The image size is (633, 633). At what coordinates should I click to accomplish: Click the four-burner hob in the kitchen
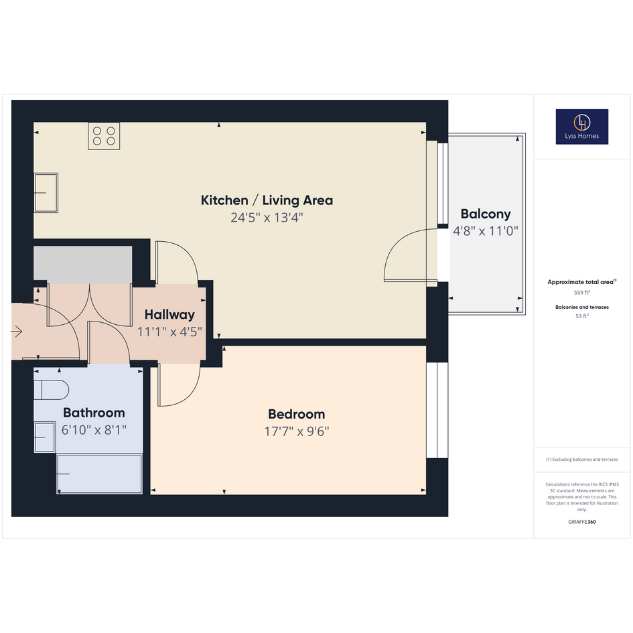(x=104, y=136)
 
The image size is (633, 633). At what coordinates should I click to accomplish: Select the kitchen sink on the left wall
(x=46, y=192)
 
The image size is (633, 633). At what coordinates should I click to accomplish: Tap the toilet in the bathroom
(x=52, y=390)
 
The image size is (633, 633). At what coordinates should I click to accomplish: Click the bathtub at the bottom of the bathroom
(x=99, y=474)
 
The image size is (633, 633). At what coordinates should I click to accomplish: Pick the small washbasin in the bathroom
(x=45, y=437)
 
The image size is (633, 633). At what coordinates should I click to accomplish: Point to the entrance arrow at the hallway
(x=17, y=332)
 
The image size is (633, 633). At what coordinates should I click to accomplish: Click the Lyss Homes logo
(x=581, y=127)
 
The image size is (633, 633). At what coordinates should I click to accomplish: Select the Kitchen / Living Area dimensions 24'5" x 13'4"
(x=267, y=218)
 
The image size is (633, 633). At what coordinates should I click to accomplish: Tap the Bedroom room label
(x=296, y=414)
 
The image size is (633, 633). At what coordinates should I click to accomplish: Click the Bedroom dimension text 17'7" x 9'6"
(x=297, y=431)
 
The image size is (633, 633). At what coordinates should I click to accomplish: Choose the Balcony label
(x=486, y=214)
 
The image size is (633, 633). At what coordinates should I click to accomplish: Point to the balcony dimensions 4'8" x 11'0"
(x=486, y=231)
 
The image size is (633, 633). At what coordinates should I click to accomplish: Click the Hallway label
(x=169, y=314)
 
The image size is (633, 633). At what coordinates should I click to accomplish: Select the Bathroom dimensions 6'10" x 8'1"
(x=94, y=430)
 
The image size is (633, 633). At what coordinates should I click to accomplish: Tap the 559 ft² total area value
(x=581, y=292)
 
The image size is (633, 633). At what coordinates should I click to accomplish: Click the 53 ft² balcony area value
(x=581, y=316)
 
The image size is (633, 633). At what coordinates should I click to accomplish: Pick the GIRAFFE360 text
(x=581, y=522)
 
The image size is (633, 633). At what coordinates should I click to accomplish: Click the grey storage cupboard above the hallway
(x=83, y=265)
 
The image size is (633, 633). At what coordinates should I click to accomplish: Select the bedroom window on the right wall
(x=437, y=410)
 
